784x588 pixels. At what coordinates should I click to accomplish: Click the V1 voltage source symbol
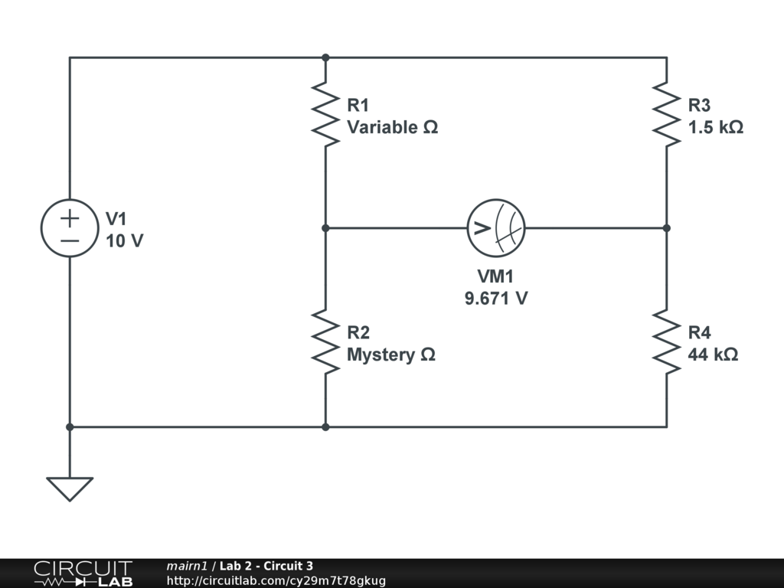pyautogui.click(x=70, y=228)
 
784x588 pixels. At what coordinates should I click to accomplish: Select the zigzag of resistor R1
pyautogui.click(x=325, y=114)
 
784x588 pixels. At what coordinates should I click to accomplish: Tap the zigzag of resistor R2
pyautogui.click(x=325, y=342)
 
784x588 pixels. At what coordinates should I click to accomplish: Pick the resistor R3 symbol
pyautogui.click(x=666, y=114)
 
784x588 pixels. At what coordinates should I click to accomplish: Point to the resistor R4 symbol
pyautogui.click(x=666, y=342)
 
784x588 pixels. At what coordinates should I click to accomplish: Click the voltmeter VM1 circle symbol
pyautogui.click(x=496, y=228)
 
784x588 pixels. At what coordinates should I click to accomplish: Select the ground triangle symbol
pyautogui.click(x=70, y=488)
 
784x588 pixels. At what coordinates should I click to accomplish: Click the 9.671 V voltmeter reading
pyautogui.click(x=495, y=299)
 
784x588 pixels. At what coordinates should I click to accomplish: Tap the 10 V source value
pyautogui.click(x=124, y=240)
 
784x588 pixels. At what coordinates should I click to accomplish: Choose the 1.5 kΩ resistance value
pyautogui.click(x=715, y=127)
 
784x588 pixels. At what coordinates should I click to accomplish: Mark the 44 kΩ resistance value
pyautogui.click(x=713, y=354)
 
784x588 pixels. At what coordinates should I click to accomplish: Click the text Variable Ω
pyautogui.click(x=393, y=127)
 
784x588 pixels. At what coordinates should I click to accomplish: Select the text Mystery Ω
pyautogui.click(x=391, y=354)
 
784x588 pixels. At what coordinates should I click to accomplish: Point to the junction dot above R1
pyautogui.click(x=325, y=57)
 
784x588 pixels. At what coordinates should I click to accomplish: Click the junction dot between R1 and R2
pyautogui.click(x=325, y=228)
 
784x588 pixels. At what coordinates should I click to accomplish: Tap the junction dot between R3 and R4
pyautogui.click(x=666, y=228)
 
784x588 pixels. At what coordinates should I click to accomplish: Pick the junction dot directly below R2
pyautogui.click(x=325, y=426)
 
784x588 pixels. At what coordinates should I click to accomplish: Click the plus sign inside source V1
pyautogui.click(x=70, y=217)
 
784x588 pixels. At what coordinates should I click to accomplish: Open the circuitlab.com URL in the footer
pyautogui.click(x=276, y=580)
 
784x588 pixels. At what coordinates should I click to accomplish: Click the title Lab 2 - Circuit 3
pyautogui.click(x=266, y=566)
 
